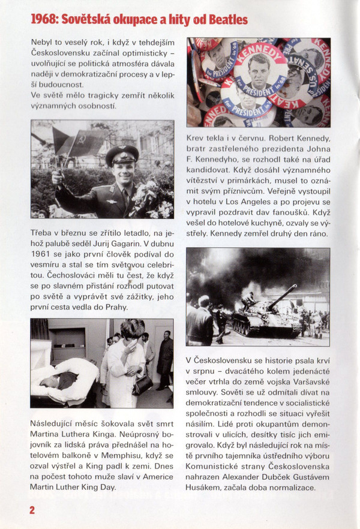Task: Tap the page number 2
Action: pyautogui.click(x=31, y=509)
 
